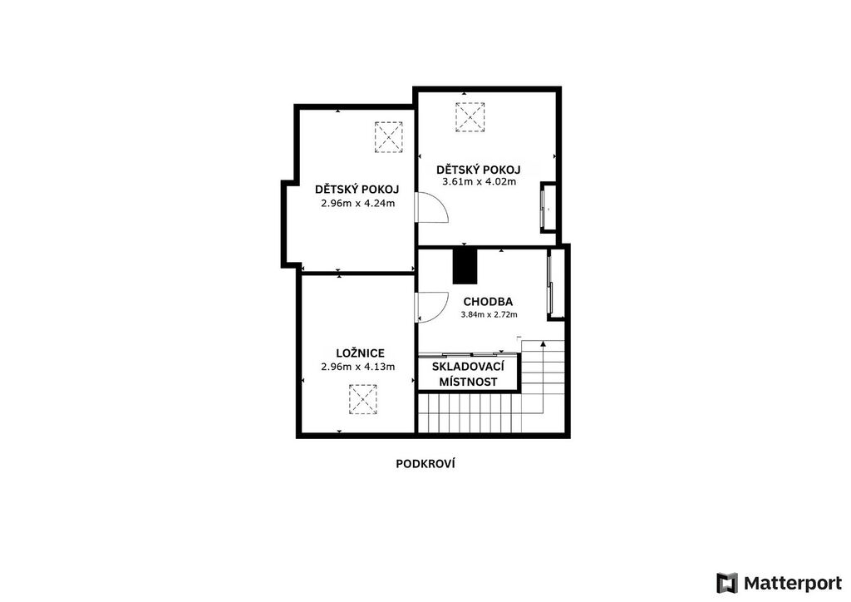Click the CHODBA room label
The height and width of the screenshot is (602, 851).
coord(487,302)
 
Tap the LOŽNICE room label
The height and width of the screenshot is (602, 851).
coord(360,353)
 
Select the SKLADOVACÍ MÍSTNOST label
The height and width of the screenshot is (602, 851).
coord(468,374)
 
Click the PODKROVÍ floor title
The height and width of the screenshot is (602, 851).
coord(425,464)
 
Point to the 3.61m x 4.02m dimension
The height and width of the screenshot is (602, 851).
coord(480,182)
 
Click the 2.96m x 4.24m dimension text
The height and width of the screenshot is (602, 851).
coord(357,204)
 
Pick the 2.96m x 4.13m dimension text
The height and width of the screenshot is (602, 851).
coord(357,367)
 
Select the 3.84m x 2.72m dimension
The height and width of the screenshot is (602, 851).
coord(489,314)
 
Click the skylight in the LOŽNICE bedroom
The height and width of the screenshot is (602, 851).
coord(363,399)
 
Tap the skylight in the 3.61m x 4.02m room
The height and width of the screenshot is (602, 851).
coord(470,117)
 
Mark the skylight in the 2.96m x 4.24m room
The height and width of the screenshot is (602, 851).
coord(389,137)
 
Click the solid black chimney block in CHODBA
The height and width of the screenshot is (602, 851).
coord(465,265)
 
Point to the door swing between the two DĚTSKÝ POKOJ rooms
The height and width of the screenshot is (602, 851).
coord(432,208)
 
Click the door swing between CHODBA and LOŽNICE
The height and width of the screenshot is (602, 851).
coord(432,308)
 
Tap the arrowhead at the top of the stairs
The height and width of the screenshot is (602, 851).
coord(543,343)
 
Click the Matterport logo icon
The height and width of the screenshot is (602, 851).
coord(726,583)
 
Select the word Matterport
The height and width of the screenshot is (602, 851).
coord(792,584)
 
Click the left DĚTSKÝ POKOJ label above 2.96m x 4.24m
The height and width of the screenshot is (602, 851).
coord(357,190)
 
